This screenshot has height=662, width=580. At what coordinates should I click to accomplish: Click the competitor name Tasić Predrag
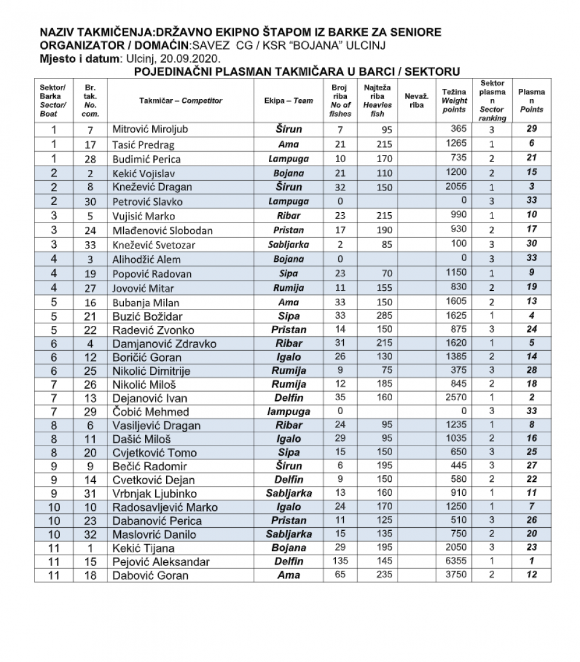(138, 144)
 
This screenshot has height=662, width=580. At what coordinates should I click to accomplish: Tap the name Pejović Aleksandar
(161, 562)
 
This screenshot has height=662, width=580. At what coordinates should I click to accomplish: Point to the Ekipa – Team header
(289, 100)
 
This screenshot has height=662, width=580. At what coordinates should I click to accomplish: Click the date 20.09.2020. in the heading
(193, 59)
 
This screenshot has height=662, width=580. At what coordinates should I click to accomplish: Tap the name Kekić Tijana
(143, 548)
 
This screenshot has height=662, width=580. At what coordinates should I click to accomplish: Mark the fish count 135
(341, 560)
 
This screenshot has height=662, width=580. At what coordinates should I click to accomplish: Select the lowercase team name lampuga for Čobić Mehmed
(289, 411)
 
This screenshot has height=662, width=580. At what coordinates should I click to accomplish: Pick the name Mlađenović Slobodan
(163, 230)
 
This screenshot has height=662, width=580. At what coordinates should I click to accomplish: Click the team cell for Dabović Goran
(289, 575)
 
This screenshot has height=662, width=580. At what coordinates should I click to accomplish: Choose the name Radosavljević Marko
(165, 507)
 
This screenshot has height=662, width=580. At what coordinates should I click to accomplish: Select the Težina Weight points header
(454, 100)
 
